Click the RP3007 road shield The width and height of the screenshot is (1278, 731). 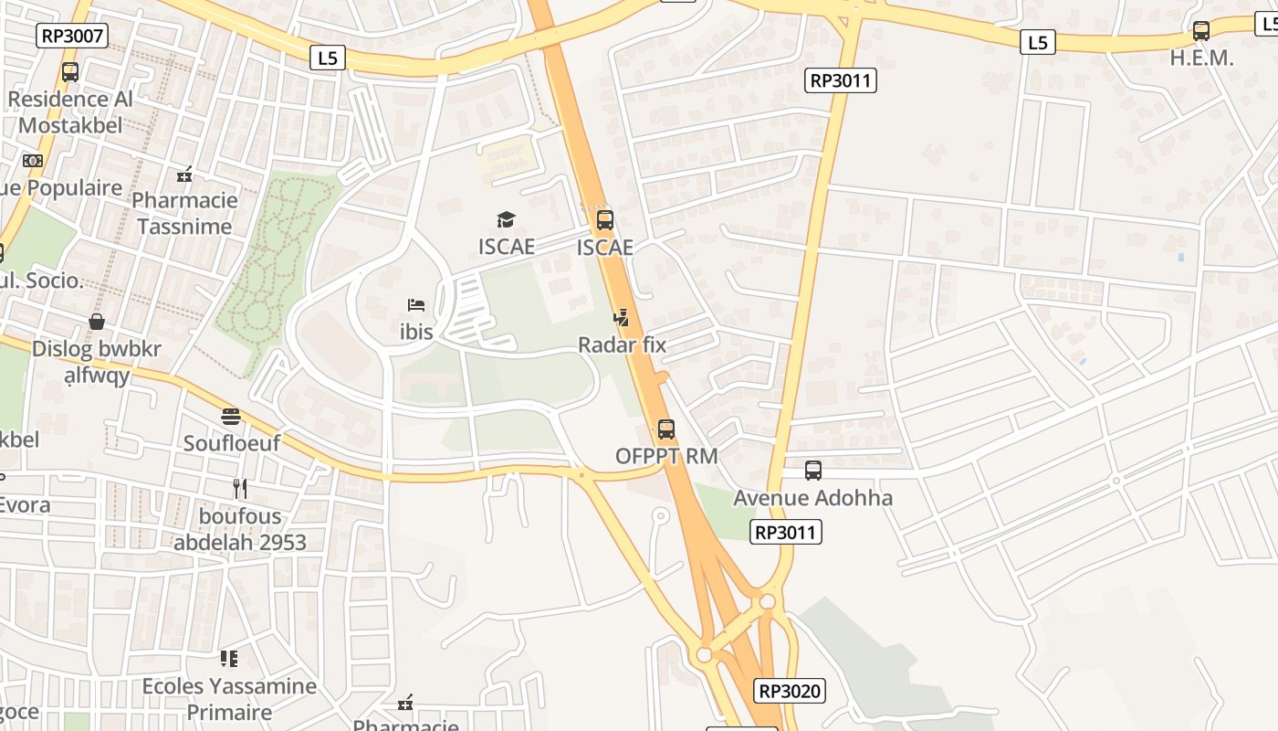coord(72,36)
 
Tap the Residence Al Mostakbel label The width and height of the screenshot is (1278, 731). coord(70,111)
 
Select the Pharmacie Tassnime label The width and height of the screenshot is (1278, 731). coord(184,213)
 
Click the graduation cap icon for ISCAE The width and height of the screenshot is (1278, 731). coord(506,219)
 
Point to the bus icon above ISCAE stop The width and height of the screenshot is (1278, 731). coord(604,219)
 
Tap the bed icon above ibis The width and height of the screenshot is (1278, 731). coord(416,304)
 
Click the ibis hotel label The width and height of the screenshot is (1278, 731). coord(416,332)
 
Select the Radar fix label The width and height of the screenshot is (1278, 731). coord(622,344)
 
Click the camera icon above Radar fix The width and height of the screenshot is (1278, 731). coord(622,318)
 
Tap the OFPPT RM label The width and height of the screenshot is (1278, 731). coord(666,455)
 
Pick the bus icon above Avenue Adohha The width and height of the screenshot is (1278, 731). coord(812,471)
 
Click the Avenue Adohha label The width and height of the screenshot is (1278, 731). coord(812,498)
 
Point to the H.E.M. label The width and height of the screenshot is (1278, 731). coord(1201,58)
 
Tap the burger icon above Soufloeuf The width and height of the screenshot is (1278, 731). coord(230,417)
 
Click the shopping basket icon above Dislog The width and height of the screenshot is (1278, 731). coord(96,322)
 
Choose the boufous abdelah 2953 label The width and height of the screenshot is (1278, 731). coord(240,529)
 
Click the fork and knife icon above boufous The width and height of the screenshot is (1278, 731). coord(239,489)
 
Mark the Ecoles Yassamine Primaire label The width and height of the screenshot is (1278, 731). coord(229,699)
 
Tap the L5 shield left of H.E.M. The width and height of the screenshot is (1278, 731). coord(1037,42)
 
